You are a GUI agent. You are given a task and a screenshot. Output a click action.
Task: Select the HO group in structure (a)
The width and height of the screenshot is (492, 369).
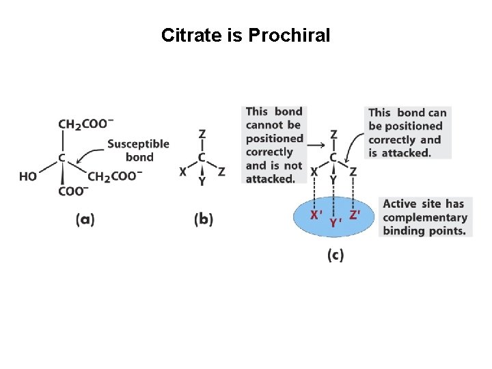28,176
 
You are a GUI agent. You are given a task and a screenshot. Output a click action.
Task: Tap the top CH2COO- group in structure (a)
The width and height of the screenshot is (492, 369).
86,124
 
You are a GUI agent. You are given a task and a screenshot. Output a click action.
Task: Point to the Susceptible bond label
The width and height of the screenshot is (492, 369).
139,150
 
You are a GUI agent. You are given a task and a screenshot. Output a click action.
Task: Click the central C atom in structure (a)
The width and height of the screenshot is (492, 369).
62,158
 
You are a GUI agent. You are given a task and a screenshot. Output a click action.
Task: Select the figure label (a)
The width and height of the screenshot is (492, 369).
85,219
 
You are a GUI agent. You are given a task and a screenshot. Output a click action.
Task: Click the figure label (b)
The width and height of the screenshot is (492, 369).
203,219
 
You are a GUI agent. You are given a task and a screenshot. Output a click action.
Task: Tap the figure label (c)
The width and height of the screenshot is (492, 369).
335,255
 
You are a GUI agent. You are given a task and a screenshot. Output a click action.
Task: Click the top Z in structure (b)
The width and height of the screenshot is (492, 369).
202,134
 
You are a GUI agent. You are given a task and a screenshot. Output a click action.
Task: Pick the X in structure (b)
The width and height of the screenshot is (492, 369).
182,172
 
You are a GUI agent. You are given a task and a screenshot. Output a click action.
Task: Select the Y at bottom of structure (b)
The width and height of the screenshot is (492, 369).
202,181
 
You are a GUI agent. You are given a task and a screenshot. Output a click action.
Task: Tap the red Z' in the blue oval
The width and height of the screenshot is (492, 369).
355,215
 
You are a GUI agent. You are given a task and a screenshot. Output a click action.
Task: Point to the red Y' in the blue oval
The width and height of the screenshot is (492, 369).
335,222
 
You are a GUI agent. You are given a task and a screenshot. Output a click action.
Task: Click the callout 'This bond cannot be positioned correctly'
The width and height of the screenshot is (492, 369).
273,145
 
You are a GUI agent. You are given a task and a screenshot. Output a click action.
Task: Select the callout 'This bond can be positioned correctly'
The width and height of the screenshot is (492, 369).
406,133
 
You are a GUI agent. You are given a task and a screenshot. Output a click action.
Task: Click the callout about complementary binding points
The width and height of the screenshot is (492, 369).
425,217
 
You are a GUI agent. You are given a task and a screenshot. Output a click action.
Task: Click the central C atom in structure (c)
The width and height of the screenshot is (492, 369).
333,158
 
